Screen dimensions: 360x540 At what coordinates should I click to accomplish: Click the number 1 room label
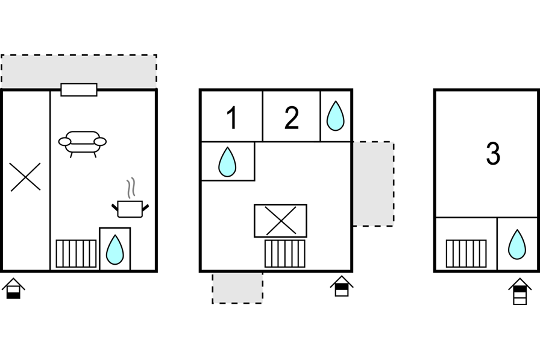tap(232, 118)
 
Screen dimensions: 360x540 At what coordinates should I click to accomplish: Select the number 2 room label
tap(291, 118)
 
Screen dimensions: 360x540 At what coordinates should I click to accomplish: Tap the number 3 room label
tap(493, 154)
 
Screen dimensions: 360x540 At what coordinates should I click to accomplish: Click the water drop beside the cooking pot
tap(115, 250)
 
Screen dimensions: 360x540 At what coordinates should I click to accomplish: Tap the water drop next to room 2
tap(335, 116)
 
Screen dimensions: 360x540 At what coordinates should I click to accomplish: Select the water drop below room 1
tap(227, 162)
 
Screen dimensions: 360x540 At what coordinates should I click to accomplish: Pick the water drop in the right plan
tap(516, 244)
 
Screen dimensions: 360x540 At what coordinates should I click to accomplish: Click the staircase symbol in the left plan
tap(76, 253)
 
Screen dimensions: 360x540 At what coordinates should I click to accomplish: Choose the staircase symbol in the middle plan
tap(284, 253)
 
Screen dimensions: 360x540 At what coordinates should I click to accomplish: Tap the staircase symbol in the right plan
tap(466, 253)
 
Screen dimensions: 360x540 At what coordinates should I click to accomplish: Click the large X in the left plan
tap(25, 177)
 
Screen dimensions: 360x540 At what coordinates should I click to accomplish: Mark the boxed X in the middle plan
tap(280, 221)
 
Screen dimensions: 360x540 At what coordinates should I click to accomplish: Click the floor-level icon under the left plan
tap(13, 289)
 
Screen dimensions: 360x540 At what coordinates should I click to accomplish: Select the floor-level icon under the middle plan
tap(342, 286)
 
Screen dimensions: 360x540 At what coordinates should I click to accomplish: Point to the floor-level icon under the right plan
tap(520, 292)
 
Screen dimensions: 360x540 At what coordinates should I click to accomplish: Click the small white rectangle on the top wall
tap(79, 90)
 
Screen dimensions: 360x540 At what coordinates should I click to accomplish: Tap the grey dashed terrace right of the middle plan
tap(373, 184)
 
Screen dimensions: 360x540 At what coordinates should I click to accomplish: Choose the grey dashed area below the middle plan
tap(237, 288)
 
